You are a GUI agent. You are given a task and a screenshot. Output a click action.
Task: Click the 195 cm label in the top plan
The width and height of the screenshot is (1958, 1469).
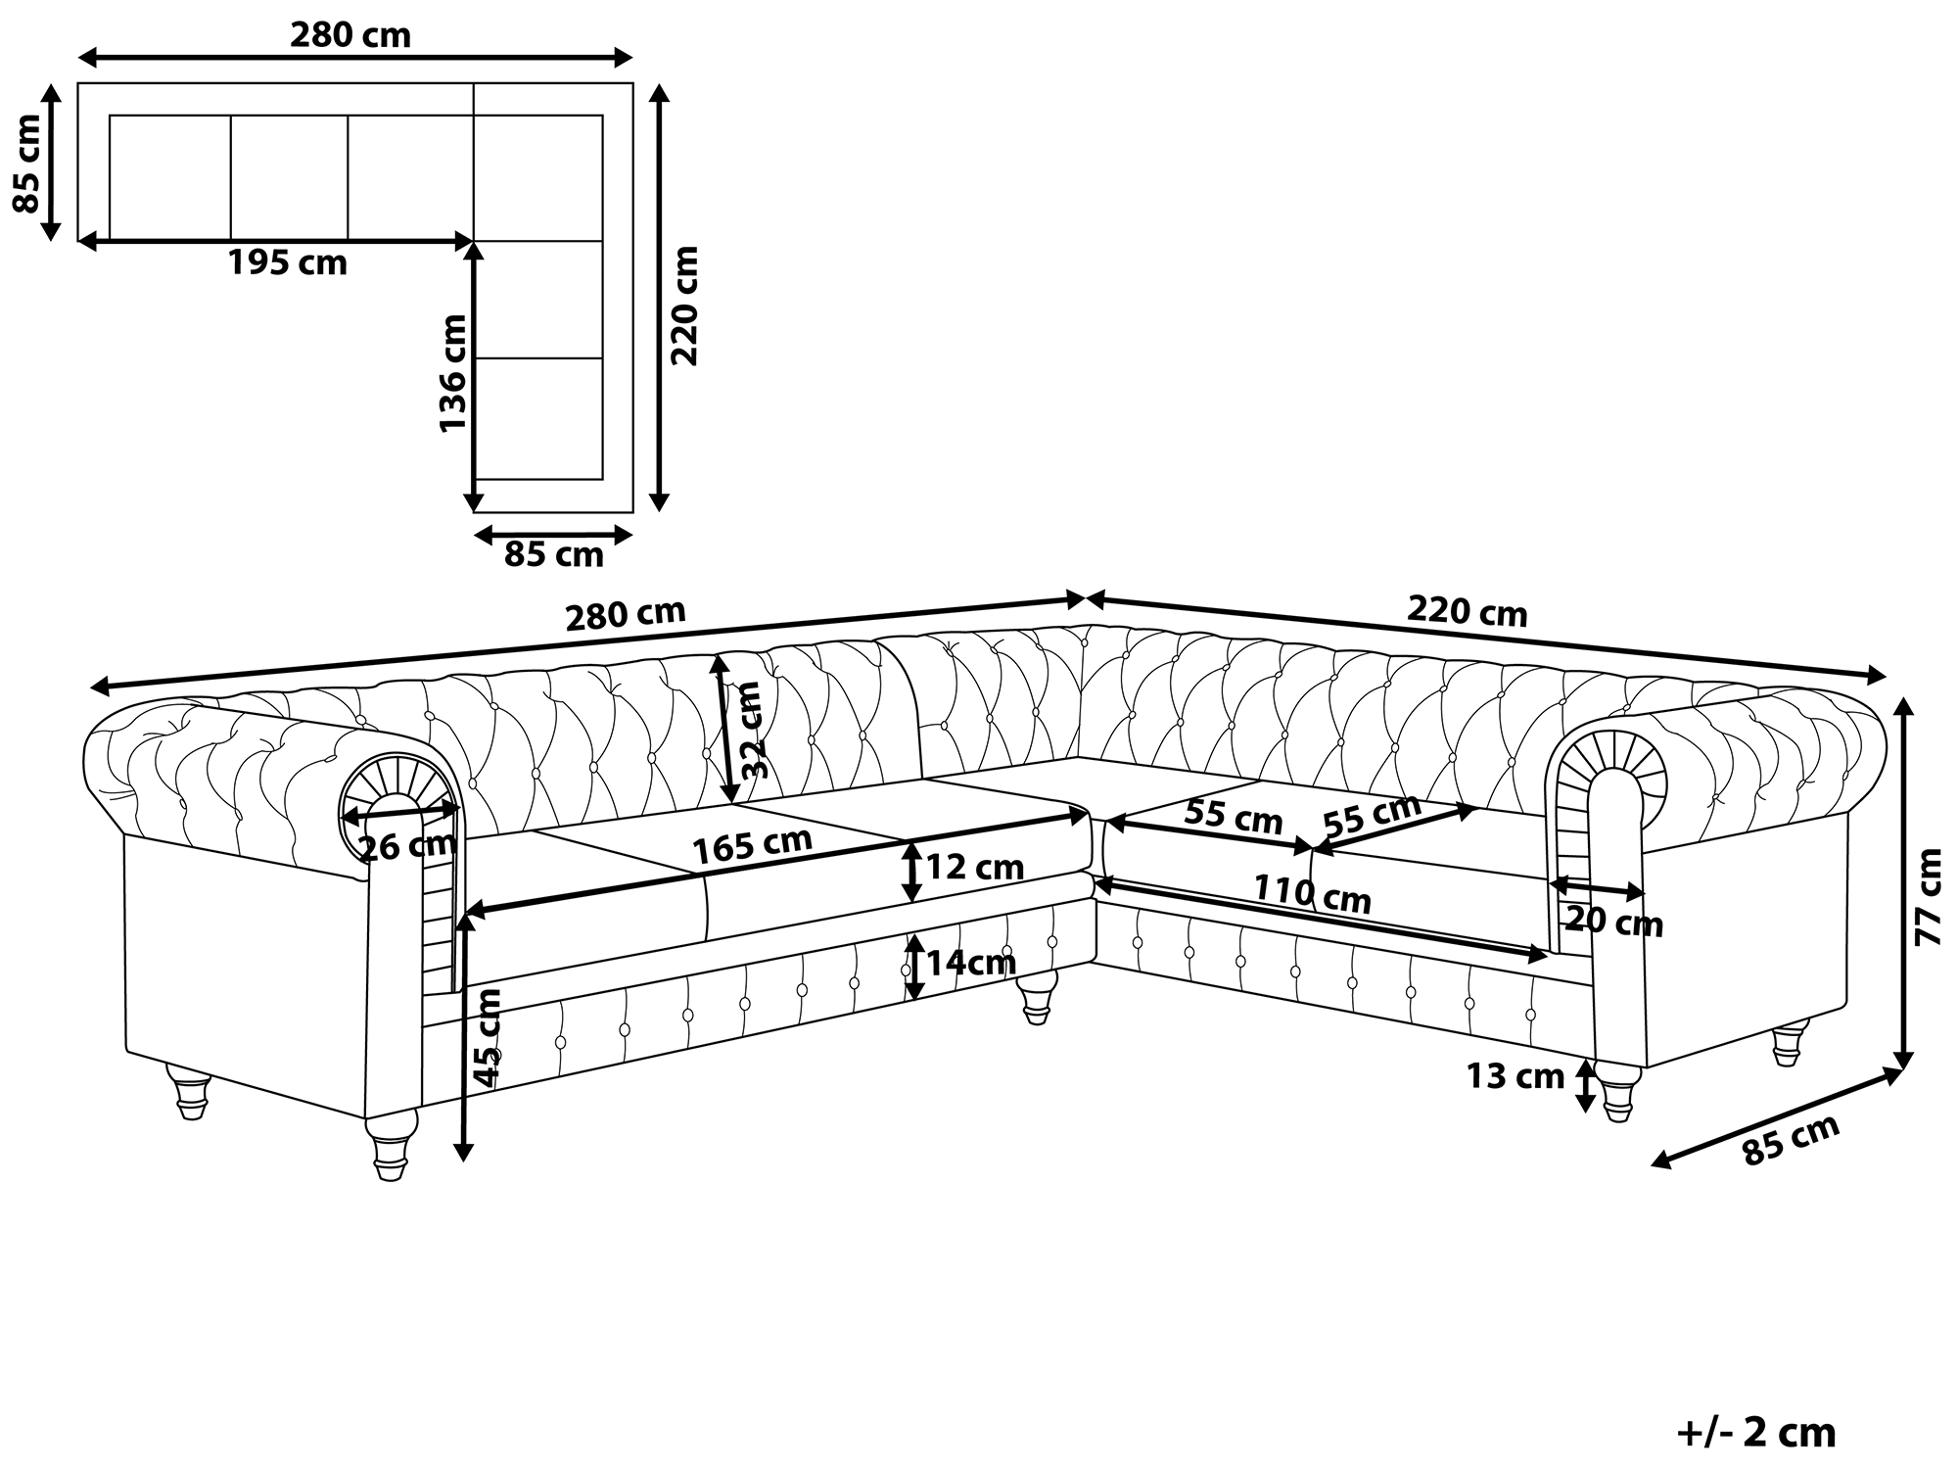[x=288, y=263]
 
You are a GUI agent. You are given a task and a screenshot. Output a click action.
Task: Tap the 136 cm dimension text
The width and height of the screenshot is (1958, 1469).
[x=452, y=373]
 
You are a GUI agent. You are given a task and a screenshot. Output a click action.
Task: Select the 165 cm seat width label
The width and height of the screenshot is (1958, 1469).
[x=753, y=846]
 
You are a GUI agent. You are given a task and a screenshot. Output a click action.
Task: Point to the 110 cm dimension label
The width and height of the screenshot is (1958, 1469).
[x=1313, y=893]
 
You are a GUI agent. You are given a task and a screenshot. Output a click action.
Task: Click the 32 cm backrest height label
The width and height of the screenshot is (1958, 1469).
[x=751, y=730]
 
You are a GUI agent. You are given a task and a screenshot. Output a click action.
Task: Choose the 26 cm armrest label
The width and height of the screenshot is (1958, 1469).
[x=407, y=845]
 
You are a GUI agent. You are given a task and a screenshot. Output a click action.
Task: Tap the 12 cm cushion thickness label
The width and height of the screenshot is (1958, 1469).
[x=974, y=867]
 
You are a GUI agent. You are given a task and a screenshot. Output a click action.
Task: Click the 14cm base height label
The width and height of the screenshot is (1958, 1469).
[x=971, y=963]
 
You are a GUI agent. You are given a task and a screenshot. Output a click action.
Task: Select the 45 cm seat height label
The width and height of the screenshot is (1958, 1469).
[x=487, y=1037]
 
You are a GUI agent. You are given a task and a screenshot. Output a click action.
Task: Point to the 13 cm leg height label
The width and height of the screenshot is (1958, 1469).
[x=1515, y=1076]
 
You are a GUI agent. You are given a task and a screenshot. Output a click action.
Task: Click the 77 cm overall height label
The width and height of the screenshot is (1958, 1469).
[x=1928, y=896]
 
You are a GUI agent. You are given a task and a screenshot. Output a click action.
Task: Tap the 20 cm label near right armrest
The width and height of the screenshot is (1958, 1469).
[x=1614, y=922]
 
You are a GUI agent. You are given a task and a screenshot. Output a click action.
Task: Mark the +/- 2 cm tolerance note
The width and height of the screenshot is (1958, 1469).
[x=1756, y=1433]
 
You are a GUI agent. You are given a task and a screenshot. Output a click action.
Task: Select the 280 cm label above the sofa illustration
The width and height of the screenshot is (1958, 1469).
[x=626, y=614]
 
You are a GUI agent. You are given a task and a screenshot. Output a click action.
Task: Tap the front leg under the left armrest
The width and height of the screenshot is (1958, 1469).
[x=392, y=1145]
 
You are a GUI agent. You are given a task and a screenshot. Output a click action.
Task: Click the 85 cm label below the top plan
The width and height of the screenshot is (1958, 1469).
[x=554, y=555]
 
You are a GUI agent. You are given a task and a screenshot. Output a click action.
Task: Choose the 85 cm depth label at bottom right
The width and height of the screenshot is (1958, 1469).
[x=1792, y=1139]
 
